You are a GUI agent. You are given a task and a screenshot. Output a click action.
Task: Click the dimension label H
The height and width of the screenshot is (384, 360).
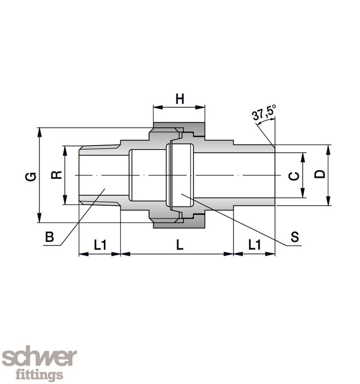(x=180, y=99)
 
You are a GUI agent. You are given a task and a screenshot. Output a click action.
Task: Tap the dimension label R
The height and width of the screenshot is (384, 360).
(x=57, y=175)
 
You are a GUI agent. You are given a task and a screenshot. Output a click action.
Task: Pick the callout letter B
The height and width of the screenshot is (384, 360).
(x=50, y=237)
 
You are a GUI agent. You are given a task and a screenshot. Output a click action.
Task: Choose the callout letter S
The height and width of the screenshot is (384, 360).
(x=295, y=237)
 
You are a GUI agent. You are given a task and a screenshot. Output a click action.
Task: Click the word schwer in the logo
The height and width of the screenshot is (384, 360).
(x=39, y=357)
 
